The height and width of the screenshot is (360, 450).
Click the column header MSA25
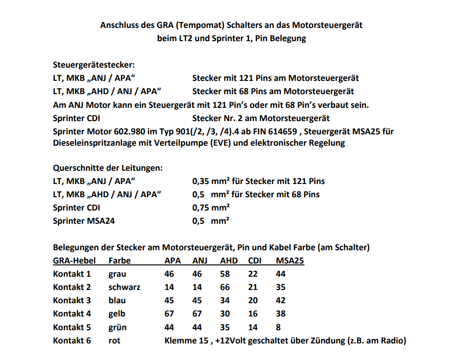tap(289, 261)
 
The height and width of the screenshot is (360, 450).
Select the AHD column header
tap(229, 261)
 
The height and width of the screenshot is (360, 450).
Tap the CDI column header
tap(255, 261)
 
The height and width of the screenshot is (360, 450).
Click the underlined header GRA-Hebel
tap(74, 261)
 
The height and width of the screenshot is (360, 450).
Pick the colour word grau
tap(117, 274)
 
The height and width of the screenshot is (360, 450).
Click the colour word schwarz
tap(124, 287)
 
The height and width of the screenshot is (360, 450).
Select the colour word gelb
tap(117, 314)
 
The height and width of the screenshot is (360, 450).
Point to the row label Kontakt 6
tap(72, 340)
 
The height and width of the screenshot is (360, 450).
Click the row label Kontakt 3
tap(72, 300)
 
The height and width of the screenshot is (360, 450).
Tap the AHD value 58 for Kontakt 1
tap(225, 274)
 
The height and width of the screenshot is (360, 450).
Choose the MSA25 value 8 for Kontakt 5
tap(278, 327)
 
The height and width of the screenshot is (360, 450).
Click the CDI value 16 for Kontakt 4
tap(253, 314)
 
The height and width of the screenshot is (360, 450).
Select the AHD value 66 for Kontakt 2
tap(225, 287)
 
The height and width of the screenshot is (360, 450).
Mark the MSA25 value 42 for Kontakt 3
tap(281, 300)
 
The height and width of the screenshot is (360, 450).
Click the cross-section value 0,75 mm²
tap(211, 208)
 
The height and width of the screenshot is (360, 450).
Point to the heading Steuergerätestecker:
tap(94, 65)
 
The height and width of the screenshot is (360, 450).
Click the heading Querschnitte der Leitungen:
tap(108, 168)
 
